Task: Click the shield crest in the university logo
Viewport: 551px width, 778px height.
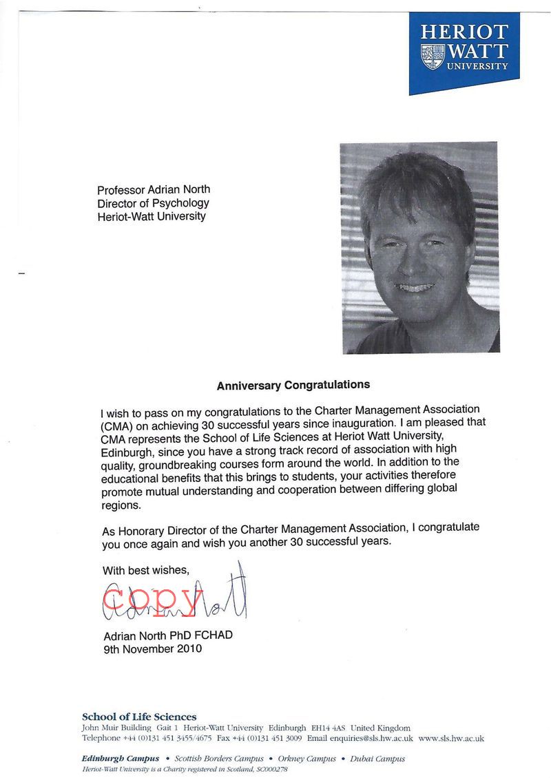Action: tap(433, 56)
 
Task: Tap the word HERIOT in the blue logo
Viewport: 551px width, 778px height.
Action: tap(464, 32)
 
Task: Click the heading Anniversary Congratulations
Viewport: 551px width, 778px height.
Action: tap(293, 386)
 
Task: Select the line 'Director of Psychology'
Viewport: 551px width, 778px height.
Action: tap(153, 203)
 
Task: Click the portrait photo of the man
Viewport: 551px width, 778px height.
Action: tap(419, 247)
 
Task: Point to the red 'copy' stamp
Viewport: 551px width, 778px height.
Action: tap(155, 599)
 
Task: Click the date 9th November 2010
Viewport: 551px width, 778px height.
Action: tap(152, 648)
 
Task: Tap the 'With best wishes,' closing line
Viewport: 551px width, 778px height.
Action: tap(145, 570)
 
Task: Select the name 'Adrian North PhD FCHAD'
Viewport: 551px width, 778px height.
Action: tap(168, 635)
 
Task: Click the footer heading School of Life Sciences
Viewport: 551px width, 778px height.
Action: tap(139, 717)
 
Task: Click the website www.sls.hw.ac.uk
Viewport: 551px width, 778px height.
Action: tap(451, 738)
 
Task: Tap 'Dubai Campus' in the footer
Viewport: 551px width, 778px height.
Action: tap(377, 759)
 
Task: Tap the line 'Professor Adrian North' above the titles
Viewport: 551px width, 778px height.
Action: tap(154, 190)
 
